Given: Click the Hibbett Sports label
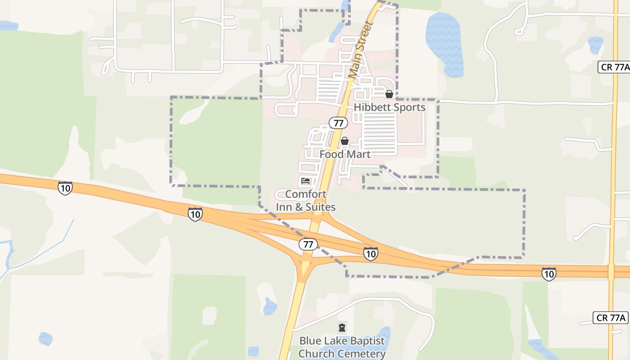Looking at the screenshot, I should coord(389,108).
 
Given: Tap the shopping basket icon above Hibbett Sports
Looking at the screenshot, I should coord(389,94).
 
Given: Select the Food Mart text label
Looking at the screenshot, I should coord(345,154).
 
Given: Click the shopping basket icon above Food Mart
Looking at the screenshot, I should coord(345,141).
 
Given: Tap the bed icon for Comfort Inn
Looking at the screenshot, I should coord(306,181).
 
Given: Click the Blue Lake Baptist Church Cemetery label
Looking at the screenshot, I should coord(342,347).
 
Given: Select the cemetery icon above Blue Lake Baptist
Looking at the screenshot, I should coord(342,327).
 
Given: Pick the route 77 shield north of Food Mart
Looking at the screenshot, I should coord(338,122).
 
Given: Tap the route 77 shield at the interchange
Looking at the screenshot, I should coord(308,244).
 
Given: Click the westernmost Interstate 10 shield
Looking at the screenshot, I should coord(65,188).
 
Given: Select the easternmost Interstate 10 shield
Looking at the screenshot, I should coord(549,274).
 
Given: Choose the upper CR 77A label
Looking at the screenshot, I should coord(614,67).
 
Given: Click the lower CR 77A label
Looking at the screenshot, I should coord(610,318).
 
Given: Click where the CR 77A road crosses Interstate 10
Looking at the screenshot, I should coord(611,271).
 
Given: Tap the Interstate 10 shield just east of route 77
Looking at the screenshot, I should coord(370,254).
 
